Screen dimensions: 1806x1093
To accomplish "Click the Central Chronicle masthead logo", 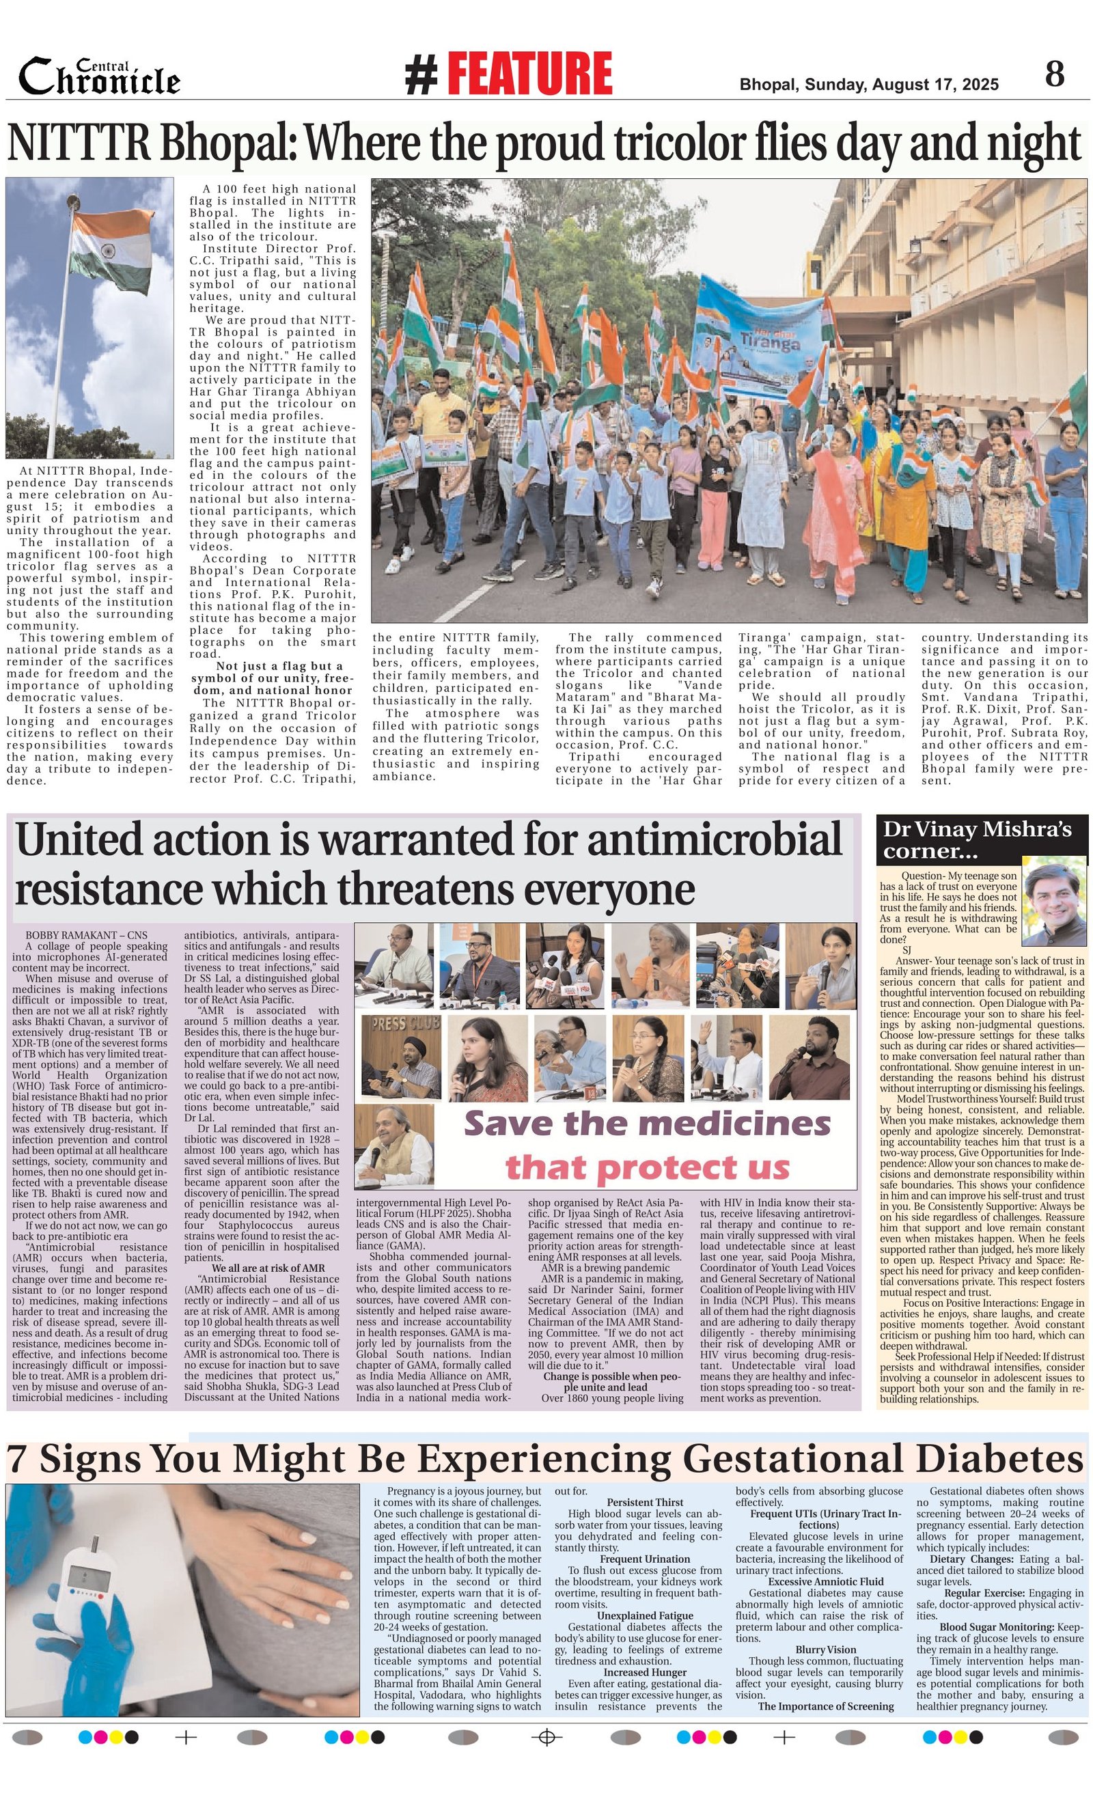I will [100, 78].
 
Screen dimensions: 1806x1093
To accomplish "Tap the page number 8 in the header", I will [1054, 74].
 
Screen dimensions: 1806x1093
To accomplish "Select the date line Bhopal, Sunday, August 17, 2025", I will [869, 85].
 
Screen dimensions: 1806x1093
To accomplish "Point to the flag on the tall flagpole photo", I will [110, 253].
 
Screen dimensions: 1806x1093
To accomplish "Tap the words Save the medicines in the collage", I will [648, 1124].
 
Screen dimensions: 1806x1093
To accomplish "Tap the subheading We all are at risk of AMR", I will [268, 1268].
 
